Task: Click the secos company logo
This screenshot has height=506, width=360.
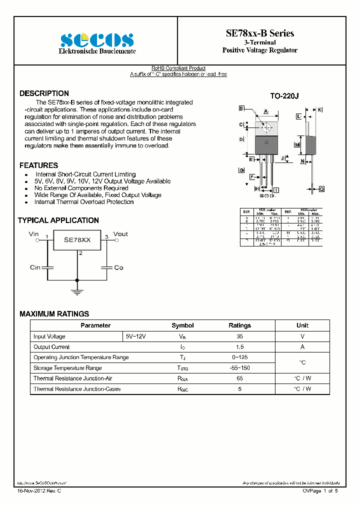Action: pos(97,40)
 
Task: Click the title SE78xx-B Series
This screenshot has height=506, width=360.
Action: pos(259,33)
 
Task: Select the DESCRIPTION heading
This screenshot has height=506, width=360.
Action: pos(44,93)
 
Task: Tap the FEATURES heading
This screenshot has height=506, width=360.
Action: pos(38,165)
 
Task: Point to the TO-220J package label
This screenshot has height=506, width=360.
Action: pos(284,96)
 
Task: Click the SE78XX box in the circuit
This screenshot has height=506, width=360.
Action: pos(77,240)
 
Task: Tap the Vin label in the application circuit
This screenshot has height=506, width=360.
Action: pos(33,234)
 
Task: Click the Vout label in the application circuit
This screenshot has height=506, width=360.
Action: pos(120,234)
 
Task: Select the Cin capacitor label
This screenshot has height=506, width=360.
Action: pos(35,267)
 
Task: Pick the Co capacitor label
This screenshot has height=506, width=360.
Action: pos(118,267)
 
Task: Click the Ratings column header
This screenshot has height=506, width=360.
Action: pos(239,325)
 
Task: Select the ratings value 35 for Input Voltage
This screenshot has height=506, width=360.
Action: pos(239,336)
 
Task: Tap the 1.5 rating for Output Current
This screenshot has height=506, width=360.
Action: pos(239,347)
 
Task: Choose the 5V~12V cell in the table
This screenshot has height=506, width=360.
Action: pos(135,336)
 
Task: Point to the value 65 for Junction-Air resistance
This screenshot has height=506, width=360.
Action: pos(239,378)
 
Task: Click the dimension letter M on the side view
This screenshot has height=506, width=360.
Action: pos(297,145)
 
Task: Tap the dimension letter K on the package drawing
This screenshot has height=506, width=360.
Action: pos(320,109)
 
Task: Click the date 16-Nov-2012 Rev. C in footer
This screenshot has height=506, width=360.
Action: pos(39,491)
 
